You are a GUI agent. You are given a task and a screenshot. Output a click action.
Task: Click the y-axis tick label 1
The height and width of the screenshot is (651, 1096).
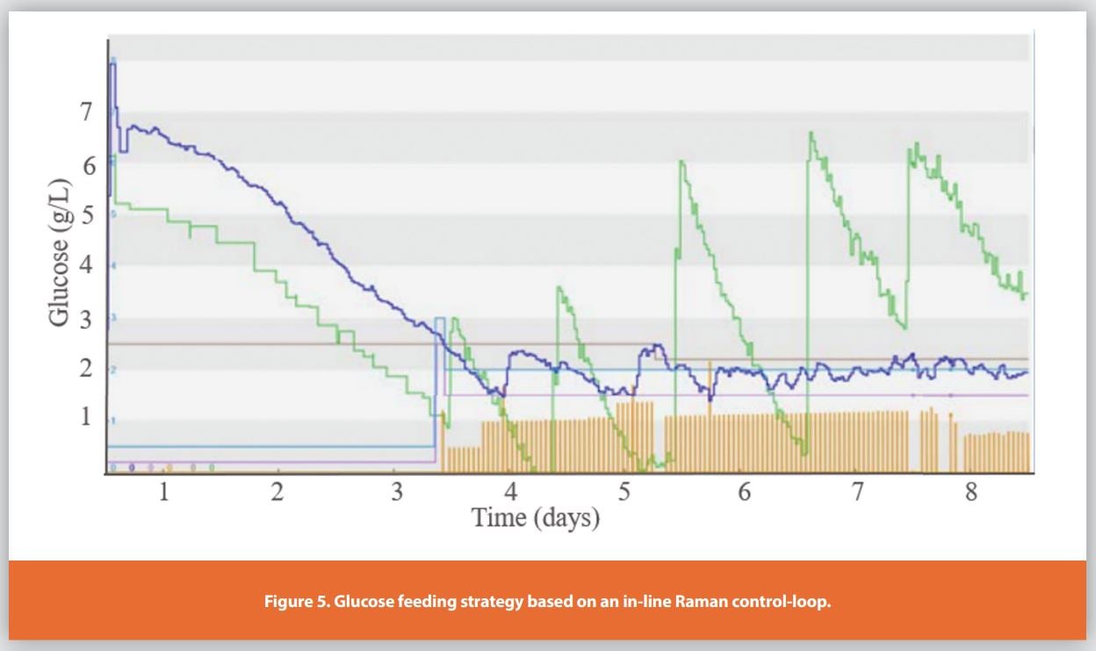tap(84, 417)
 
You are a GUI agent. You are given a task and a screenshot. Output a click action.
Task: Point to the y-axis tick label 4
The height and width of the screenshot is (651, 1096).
tap(84, 265)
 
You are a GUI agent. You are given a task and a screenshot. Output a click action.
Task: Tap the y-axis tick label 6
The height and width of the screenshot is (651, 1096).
tap(84, 164)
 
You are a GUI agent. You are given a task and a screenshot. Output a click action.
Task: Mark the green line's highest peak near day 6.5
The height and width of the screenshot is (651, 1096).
tap(811, 133)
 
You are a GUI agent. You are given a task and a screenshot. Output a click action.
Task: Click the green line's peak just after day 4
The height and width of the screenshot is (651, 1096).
tap(559, 287)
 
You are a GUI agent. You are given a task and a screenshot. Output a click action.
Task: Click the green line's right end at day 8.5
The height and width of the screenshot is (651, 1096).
tap(1026, 294)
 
